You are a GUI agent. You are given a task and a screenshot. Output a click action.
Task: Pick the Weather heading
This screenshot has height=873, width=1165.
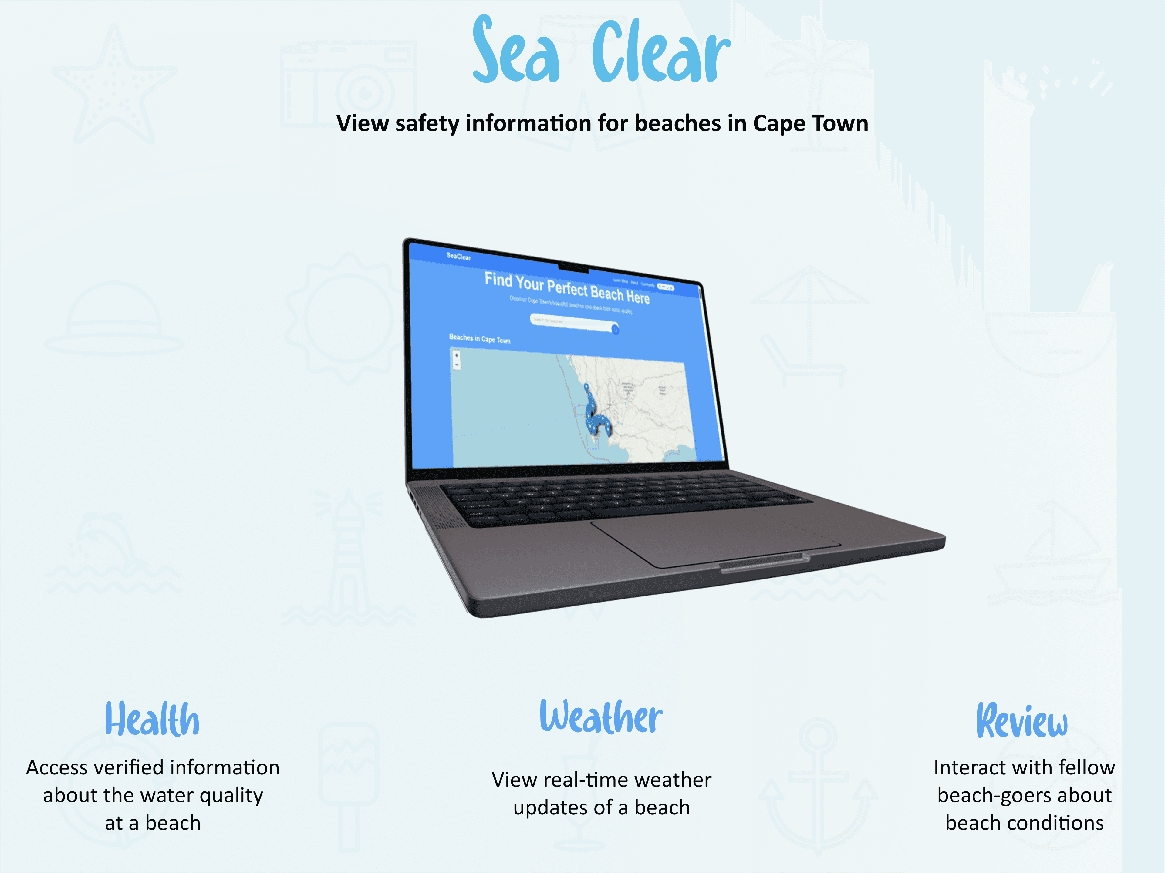[x=601, y=717]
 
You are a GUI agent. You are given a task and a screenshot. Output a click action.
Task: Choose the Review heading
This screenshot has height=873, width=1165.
[x=1022, y=720]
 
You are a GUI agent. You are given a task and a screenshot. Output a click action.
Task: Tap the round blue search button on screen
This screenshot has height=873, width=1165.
[x=615, y=330]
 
